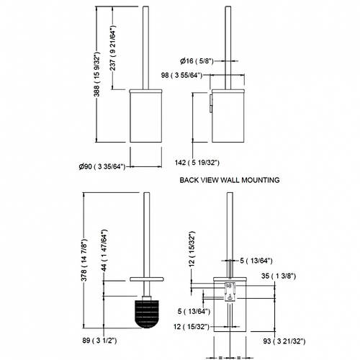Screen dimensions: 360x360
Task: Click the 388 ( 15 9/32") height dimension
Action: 96,74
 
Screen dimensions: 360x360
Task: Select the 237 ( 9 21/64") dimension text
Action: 113,48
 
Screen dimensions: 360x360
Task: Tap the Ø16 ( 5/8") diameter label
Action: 197,61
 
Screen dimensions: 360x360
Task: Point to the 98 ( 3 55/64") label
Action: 181,76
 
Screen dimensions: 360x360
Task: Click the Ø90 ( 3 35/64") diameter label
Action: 102,166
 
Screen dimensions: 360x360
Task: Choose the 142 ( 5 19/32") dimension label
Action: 197,163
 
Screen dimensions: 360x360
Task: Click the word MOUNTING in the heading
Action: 261,180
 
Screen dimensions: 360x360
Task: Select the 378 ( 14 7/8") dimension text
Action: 84,260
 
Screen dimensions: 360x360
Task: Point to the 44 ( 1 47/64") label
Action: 104,251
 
